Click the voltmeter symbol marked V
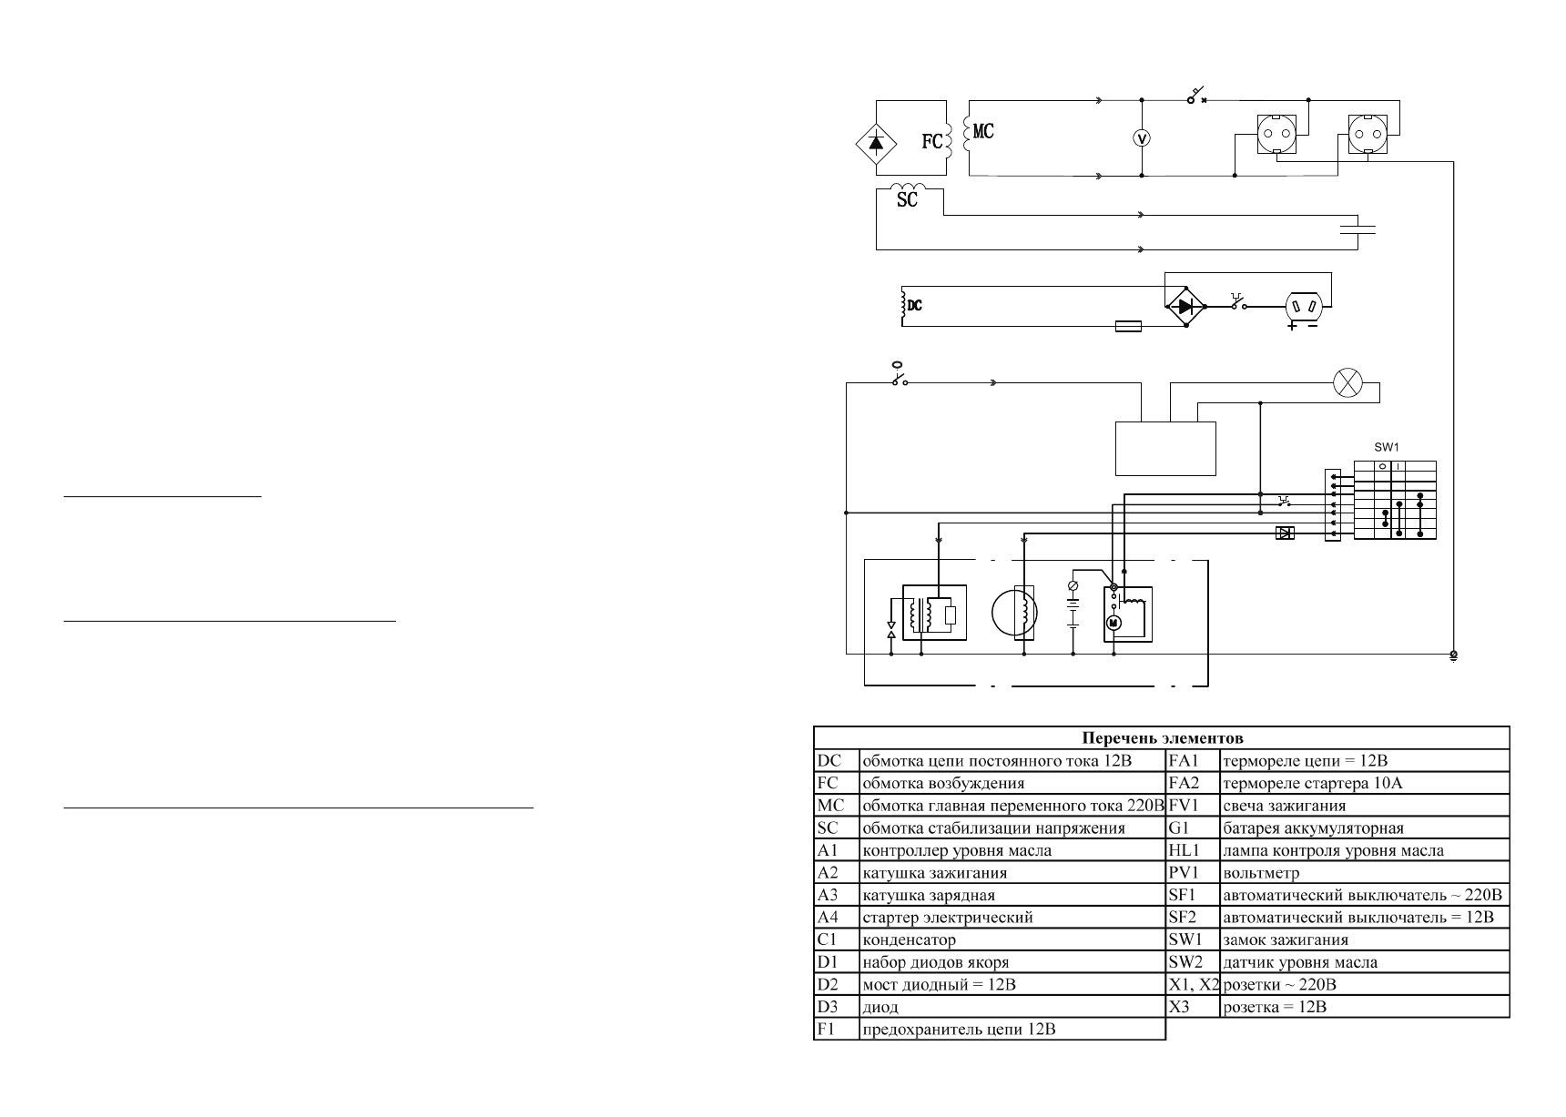pos(1143,137)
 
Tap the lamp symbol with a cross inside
pos(1346,383)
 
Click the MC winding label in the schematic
pos(983,132)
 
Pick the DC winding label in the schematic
pos(915,305)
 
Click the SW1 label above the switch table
pos(1386,448)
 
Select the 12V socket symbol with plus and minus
pos(1302,308)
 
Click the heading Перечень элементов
pos(1162,737)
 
